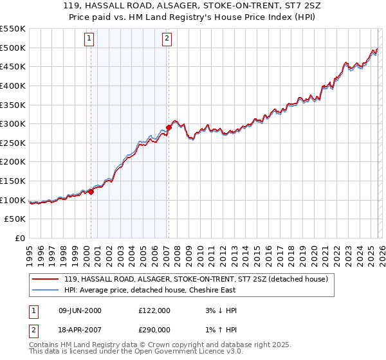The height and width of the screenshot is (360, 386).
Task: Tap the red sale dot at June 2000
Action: [91, 191]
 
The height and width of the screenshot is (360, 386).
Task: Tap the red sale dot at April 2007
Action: [169, 127]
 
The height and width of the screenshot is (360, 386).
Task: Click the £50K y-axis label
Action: [15, 219]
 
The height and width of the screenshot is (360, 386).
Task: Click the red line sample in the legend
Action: [46, 279]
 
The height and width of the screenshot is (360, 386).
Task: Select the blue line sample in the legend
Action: [46, 290]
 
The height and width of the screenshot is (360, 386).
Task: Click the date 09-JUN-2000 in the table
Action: [80, 310]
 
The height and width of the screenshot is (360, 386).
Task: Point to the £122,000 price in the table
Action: [154, 310]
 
